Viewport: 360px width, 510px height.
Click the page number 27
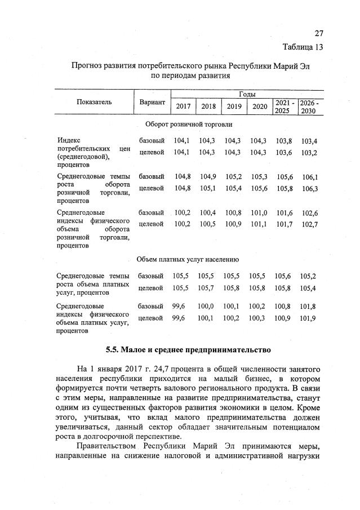(x=319, y=33)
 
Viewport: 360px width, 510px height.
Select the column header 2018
(x=208, y=107)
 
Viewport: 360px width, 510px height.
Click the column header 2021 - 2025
(x=282, y=107)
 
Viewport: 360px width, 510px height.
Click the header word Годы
(x=247, y=94)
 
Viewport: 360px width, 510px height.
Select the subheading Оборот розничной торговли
(x=189, y=124)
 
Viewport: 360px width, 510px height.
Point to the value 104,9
(x=208, y=176)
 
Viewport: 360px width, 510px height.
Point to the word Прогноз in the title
(x=85, y=66)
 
